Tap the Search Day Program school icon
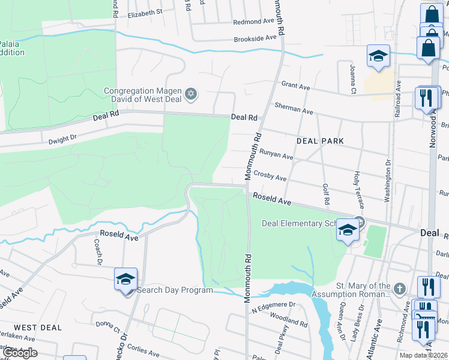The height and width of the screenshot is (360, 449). click(x=126, y=280)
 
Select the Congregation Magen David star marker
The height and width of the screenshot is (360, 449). click(x=191, y=94)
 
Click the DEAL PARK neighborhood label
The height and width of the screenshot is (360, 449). click(x=321, y=141)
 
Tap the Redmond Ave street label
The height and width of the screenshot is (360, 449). click(x=253, y=21)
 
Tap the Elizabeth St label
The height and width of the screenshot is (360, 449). click(x=145, y=12)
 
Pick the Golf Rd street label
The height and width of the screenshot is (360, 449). click(x=326, y=193)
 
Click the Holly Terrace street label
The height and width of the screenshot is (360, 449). click(x=358, y=190)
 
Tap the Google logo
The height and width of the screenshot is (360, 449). click(x=19, y=352)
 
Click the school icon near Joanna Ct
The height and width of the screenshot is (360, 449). click(x=378, y=56)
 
